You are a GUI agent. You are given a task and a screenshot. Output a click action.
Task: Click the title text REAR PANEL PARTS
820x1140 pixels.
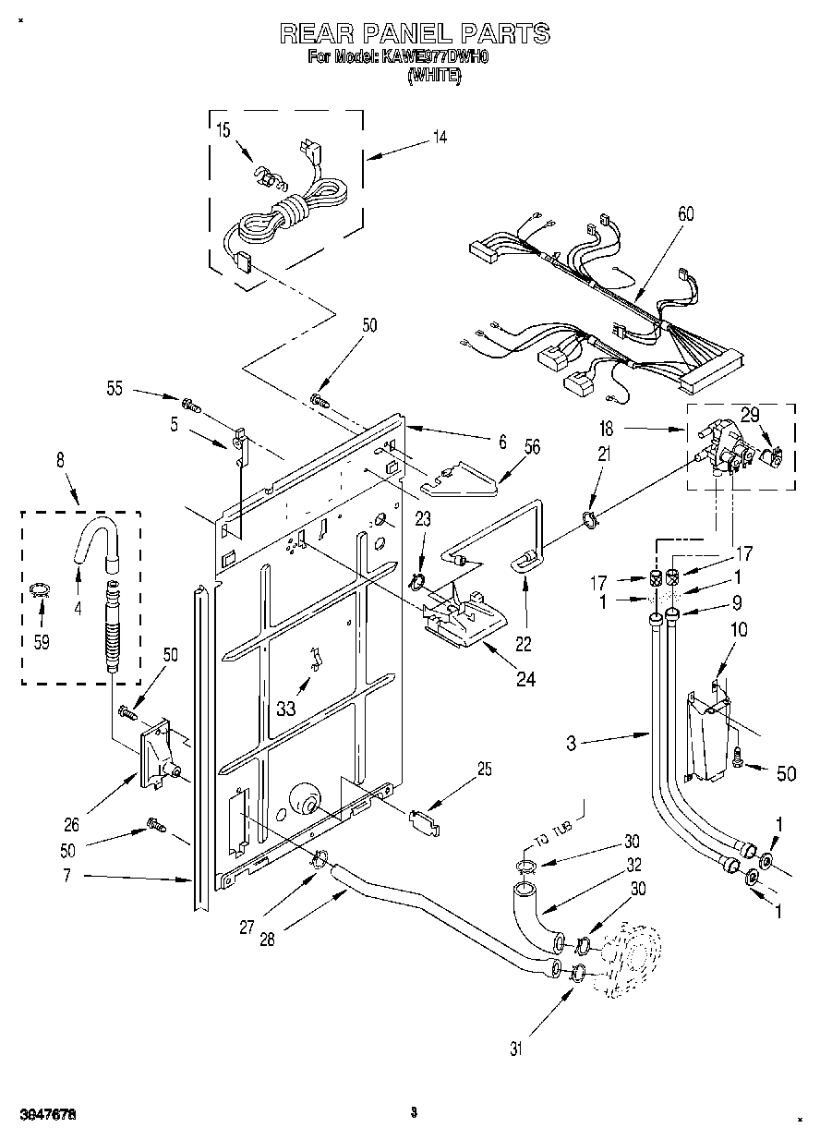pyautogui.click(x=415, y=34)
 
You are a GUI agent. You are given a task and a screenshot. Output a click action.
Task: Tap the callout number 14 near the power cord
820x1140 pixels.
pyautogui.click(x=440, y=137)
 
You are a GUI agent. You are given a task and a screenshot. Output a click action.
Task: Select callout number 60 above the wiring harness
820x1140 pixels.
pyautogui.click(x=686, y=214)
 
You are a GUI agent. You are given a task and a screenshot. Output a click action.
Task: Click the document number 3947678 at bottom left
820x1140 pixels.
pyautogui.click(x=39, y=1114)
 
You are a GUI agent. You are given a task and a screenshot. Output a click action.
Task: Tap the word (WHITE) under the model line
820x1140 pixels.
pyautogui.click(x=434, y=78)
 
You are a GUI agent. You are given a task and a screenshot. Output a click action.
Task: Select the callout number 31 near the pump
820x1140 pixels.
pyautogui.click(x=517, y=1049)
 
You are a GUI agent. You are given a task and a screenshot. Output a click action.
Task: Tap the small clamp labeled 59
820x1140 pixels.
pyautogui.click(x=38, y=590)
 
